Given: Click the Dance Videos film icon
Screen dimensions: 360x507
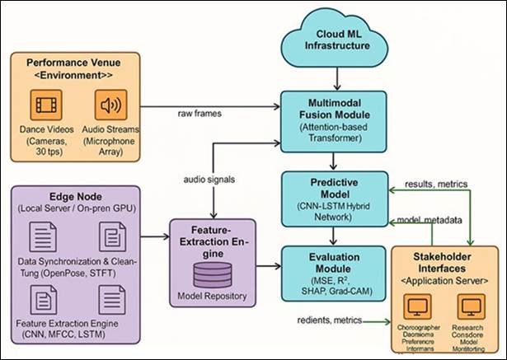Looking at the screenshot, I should point(46,107).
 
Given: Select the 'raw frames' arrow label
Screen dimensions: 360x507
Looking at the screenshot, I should point(197,111).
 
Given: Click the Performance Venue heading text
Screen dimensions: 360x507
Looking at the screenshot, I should point(74,63).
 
